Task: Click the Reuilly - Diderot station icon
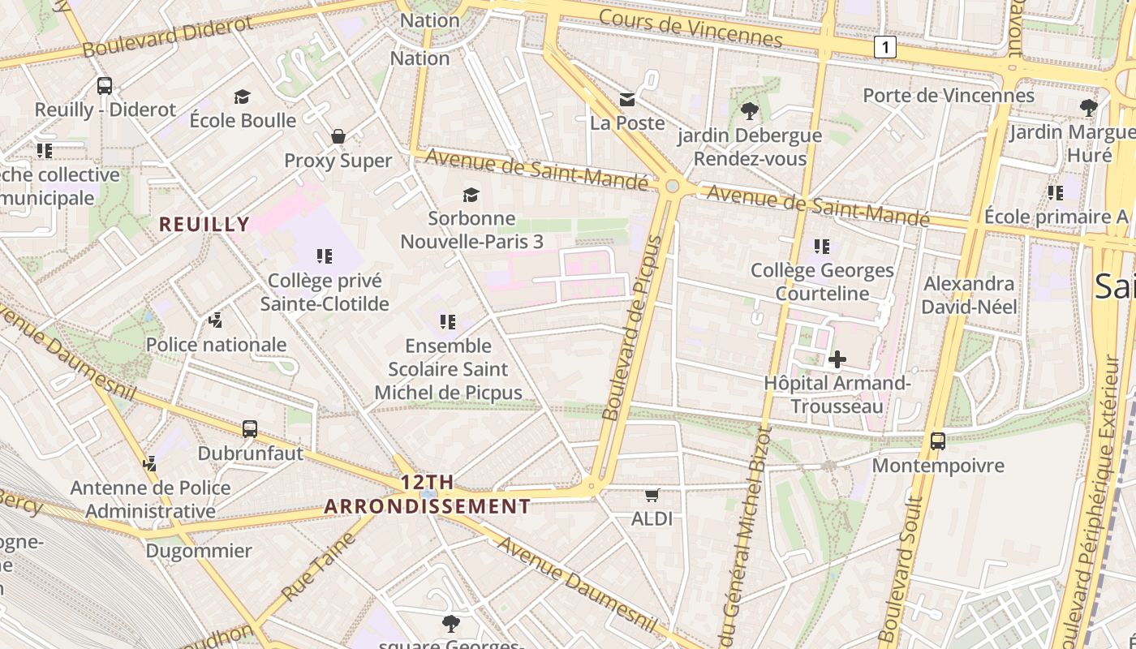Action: (104, 85)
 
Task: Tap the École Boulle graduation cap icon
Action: (242, 97)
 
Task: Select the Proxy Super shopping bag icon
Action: (338, 136)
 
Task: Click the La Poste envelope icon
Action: (627, 100)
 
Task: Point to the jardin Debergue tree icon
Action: (749, 111)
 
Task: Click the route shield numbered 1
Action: (884, 48)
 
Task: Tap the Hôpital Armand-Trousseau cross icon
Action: (837, 359)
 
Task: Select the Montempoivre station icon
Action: (938, 441)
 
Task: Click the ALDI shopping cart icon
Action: (652, 494)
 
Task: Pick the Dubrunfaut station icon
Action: (250, 429)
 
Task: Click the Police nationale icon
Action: (215, 320)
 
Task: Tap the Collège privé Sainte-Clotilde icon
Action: (325, 257)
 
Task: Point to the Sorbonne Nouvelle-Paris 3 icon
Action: (471, 195)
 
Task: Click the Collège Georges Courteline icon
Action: (822, 246)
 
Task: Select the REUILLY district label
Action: (204, 224)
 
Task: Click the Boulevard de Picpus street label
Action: (634, 329)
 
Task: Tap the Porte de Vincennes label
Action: (948, 96)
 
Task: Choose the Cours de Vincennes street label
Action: (691, 28)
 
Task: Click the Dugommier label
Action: (199, 551)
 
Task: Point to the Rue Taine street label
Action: (319, 569)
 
